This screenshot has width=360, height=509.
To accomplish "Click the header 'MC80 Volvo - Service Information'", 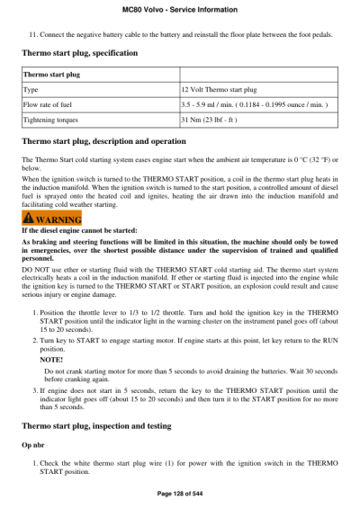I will pyautogui.click(x=180, y=9).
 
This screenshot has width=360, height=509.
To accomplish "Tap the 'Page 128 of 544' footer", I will pyautogui.click(x=180, y=494).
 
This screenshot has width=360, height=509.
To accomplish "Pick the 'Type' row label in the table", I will pyautogui.click(x=31, y=90).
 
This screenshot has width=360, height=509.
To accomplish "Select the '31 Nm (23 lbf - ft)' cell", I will pyautogui.click(x=215, y=119).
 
